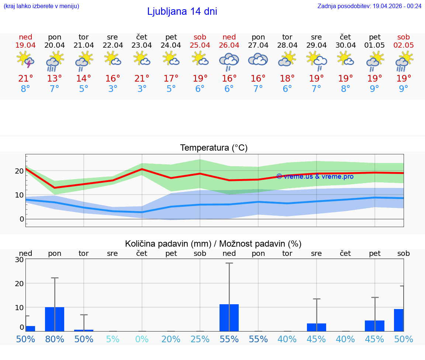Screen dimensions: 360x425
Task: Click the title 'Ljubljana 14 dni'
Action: click(182, 11)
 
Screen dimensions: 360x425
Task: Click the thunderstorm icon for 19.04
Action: click(25, 60)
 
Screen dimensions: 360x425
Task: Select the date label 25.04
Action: click(200, 45)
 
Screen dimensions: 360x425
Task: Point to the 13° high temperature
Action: click(55, 79)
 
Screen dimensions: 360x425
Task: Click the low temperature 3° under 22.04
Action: click(113, 89)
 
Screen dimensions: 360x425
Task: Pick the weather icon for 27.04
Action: click(258, 60)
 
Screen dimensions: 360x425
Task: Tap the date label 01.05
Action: click(374, 45)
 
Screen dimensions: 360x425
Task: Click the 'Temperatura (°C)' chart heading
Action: click(214, 148)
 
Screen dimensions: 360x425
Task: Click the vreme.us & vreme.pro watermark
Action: click(315, 176)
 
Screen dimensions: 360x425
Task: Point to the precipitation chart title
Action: click(213, 244)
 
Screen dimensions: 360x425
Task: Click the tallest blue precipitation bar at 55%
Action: click(229, 318)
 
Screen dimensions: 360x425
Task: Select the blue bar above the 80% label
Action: click(55, 319)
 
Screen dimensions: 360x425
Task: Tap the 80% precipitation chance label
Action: click(55, 339)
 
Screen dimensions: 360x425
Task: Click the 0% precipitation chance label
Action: click(142, 339)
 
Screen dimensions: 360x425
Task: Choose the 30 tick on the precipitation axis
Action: click(19, 260)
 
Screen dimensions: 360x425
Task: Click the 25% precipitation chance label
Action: click(200, 339)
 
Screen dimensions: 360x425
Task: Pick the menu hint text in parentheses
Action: click(41, 6)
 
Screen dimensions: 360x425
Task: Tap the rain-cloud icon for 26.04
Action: click(229, 61)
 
